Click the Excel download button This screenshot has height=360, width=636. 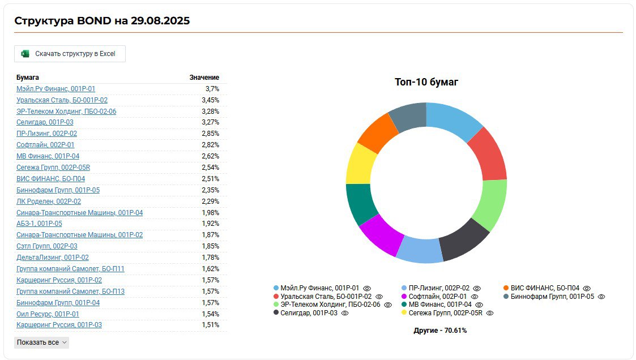70,54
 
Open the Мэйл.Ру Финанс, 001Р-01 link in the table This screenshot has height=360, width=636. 56,89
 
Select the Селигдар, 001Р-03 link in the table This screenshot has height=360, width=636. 45,122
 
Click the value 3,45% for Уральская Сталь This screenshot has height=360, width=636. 210,100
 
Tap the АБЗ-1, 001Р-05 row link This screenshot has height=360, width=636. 39,224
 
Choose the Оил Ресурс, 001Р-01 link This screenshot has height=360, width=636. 48,314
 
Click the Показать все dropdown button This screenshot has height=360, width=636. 41,342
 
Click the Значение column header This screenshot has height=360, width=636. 204,78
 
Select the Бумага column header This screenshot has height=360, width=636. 28,78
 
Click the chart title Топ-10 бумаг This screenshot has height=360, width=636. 426,82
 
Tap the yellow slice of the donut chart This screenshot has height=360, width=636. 358,164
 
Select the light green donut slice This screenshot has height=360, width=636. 489,204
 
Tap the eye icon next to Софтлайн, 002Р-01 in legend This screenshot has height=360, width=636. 475,297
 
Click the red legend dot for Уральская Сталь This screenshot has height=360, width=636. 276,297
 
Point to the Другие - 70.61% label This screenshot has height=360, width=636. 440,331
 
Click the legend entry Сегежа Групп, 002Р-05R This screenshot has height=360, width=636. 445,313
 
